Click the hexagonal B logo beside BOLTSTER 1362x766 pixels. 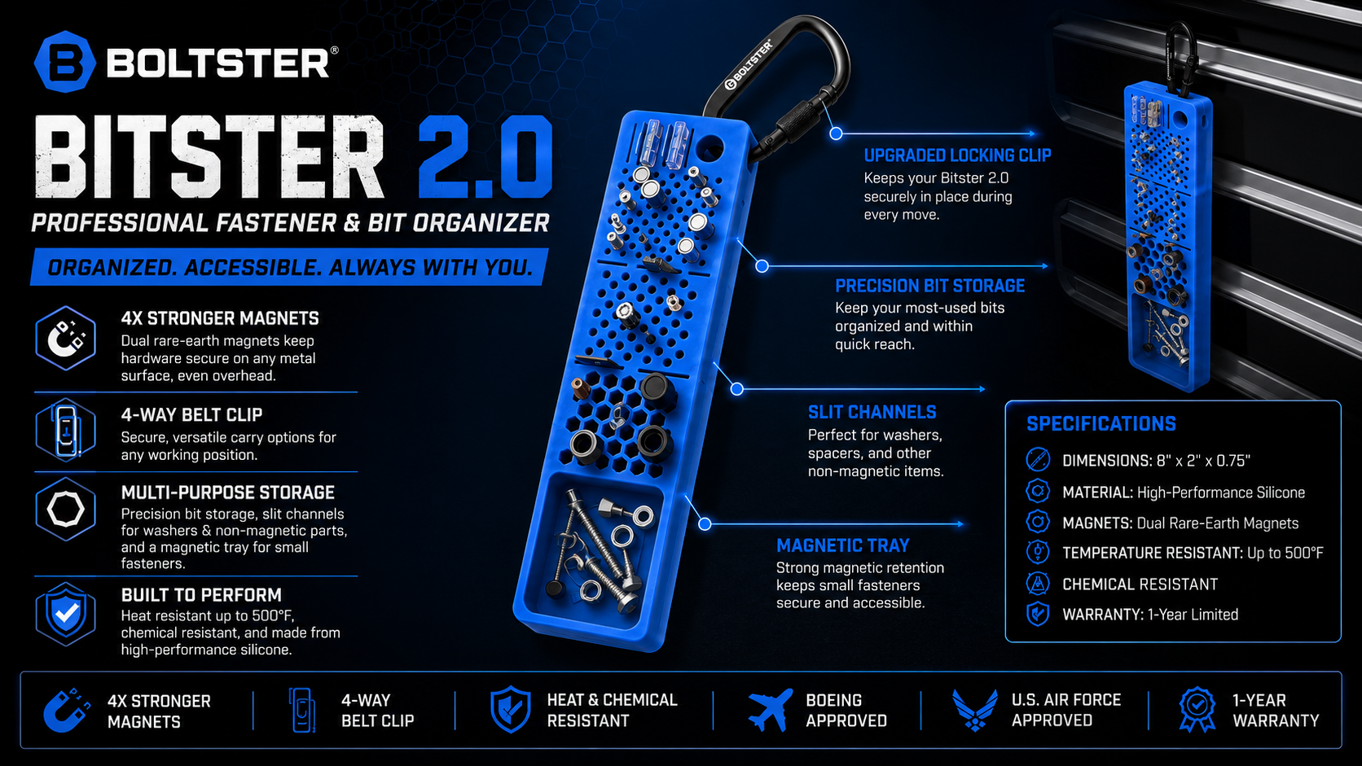click(65, 62)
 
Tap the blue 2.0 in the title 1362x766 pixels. click(485, 157)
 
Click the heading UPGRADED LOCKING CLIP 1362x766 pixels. click(957, 155)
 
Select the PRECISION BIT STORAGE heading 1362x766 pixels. click(929, 286)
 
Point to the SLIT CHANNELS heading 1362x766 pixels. click(872, 413)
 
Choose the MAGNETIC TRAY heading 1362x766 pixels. click(843, 545)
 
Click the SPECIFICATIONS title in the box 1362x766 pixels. click(1101, 423)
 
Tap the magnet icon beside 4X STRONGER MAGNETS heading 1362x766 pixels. click(66, 339)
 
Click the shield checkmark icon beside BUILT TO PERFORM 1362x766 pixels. click(66, 614)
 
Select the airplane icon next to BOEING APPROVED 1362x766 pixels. click(771, 710)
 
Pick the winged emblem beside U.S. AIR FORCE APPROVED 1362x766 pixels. click(975, 710)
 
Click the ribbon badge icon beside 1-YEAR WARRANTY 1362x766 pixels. click(1197, 710)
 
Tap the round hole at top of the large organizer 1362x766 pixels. click(710, 147)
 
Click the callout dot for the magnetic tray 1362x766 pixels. click(705, 524)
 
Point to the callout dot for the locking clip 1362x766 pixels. click(836, 134)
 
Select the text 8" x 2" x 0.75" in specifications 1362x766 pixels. click(1202, 461)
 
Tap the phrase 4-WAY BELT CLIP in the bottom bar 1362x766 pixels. click(378, 710)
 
